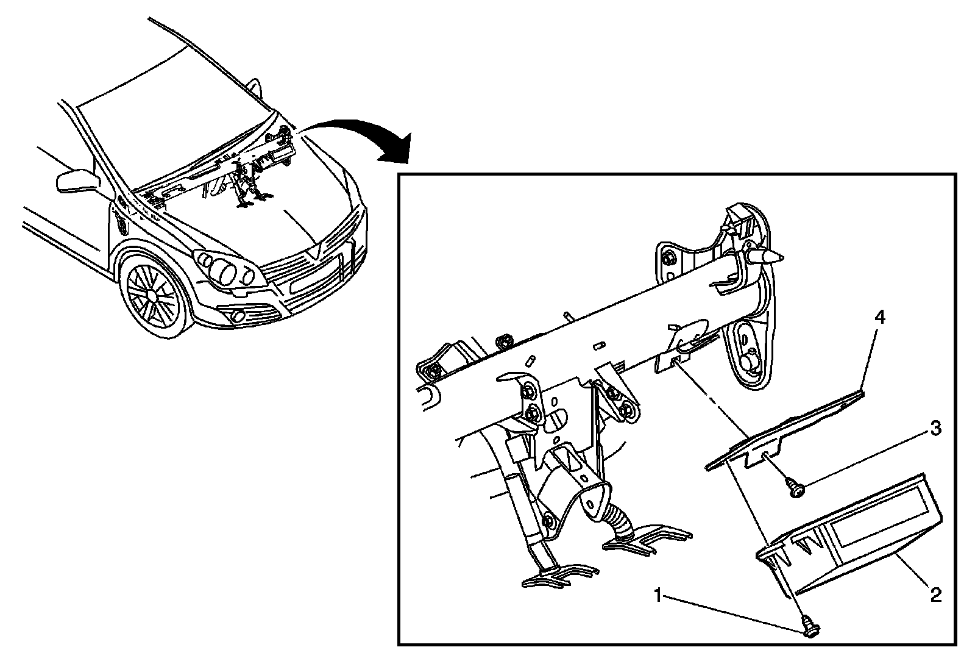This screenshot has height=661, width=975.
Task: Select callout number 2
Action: pos(935,594)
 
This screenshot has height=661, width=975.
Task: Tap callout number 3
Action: pos(935,429)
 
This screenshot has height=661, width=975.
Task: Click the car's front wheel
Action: pos(152,293)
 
